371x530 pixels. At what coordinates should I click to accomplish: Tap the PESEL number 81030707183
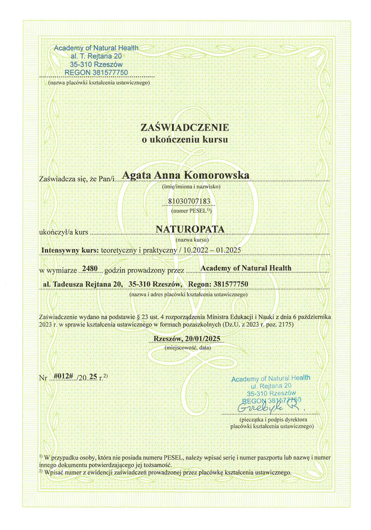click(x=185, y=201)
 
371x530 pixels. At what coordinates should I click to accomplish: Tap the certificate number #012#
click(x=61, y=376)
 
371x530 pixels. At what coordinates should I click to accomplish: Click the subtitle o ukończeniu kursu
click(x=185, y=139)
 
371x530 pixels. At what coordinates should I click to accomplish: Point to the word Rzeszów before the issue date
click(x=168, y=338)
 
